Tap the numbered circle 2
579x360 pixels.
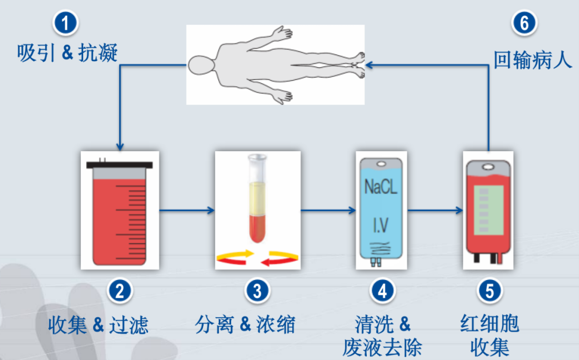119,291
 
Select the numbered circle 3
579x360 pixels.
257,291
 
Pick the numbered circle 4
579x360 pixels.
382,291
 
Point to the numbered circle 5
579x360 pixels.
489,291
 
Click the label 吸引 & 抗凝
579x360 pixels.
67,54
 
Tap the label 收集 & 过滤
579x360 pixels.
98,325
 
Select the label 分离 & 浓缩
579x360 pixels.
245,325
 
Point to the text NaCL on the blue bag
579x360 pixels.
382,187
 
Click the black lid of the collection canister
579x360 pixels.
120,165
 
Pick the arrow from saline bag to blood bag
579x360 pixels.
434,210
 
